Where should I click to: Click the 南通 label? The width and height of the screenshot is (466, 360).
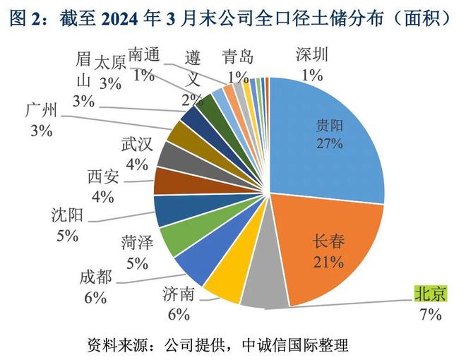click(x=145, y=57)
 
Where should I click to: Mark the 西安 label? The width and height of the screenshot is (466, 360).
click(x=103, y=176)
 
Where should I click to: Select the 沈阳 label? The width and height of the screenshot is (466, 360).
click(x=67, y=215)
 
